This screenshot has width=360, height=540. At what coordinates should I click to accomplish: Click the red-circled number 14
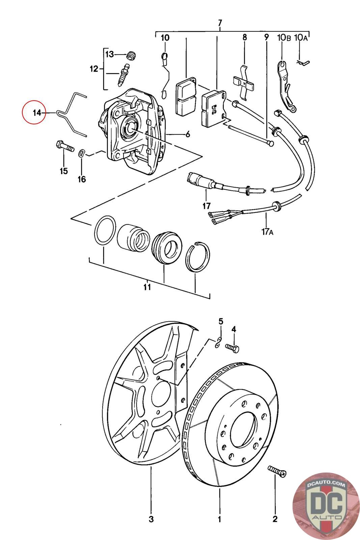point(37,113)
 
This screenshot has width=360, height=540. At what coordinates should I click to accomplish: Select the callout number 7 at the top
point(220,23)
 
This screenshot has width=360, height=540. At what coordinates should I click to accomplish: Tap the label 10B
point(284,37)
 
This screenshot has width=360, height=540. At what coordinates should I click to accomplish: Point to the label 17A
point(268,232)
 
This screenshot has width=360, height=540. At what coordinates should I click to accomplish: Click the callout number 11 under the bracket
point(147,287)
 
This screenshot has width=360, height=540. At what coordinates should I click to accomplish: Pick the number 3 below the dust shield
point(151,519)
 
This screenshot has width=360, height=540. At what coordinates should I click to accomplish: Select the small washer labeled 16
point(82,153)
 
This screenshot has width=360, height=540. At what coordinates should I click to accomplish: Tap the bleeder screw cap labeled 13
point(131,55)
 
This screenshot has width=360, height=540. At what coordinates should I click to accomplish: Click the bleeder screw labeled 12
point(123,75)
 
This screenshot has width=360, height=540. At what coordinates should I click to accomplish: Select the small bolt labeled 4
point(232,348)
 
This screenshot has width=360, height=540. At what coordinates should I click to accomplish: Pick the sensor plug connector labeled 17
point(196,179)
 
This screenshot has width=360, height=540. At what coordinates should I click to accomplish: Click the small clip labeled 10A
point(303,62)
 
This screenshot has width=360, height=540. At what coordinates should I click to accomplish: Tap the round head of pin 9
point(271,144)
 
